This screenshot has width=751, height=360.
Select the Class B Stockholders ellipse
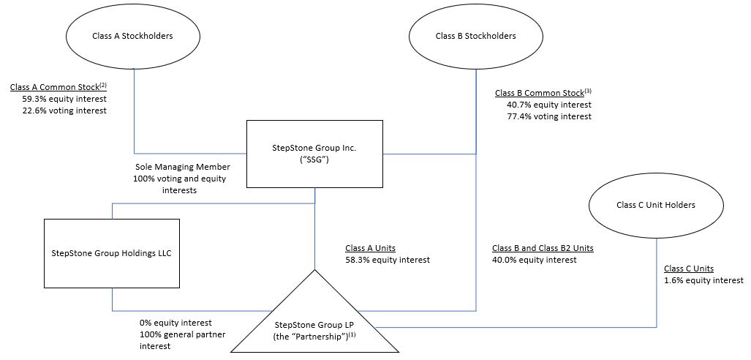(x=475, y=36)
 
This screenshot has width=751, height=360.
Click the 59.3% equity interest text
(x=64, y=99)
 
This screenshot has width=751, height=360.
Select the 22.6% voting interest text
(x=64, y=110)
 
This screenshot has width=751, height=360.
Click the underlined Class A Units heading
(x=370, y=248)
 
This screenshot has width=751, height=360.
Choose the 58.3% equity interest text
(x=387, y=260)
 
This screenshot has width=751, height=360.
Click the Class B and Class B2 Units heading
(x=543, y=248)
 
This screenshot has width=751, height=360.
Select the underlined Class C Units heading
(x=688, y=269)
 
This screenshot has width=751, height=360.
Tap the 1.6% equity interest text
(x=703, y=280)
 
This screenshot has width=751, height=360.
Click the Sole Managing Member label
(x=182, y=167)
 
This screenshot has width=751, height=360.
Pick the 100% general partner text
(x=182, y=334)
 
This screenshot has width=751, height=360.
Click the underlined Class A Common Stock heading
(x=59, y=87)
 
